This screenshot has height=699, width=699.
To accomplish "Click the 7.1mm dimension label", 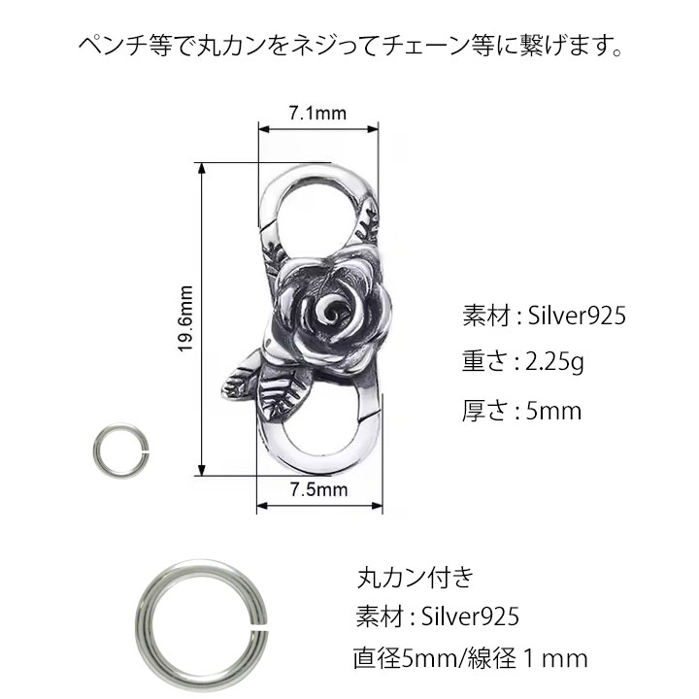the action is pos(317,114).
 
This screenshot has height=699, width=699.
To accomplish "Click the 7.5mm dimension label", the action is pos(319,490).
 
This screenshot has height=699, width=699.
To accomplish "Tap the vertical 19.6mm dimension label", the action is pos(185,319).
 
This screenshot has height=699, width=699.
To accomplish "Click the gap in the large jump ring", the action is pos(260,626).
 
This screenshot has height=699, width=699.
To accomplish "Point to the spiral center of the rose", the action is pos(331,308).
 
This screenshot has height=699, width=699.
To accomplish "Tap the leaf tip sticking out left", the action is pos(226,387).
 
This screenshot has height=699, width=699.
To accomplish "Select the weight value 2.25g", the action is pos(554,363).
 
